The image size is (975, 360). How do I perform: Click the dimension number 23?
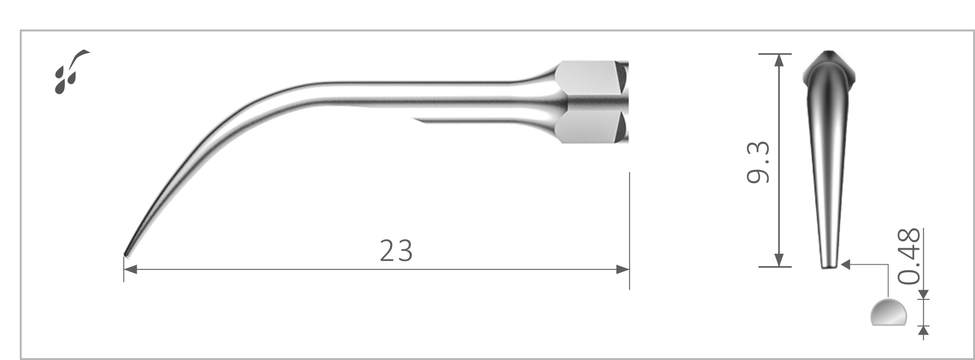point(396,251)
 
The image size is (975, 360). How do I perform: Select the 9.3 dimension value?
point(758,162)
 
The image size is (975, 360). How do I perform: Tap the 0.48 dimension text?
point(909,256)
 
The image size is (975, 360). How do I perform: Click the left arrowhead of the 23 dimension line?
point(130,269)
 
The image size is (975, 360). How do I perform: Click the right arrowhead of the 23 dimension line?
point(622,269)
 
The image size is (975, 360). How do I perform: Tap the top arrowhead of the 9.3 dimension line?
point(779,60)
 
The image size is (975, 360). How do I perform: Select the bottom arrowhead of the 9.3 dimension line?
point(779,260)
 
